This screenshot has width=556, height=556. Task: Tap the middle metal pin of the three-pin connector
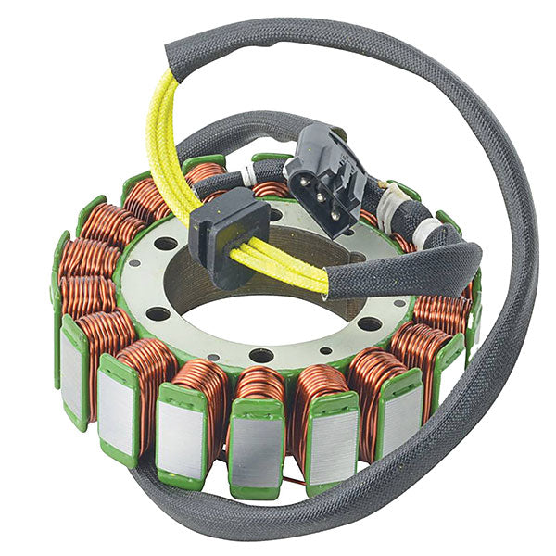pyautogui.click(x=321, y=185)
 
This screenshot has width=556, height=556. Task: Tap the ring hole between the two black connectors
pyautogui.click(x=275, y=215)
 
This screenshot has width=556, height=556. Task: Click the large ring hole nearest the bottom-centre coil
pyautogui.click(x=260, y=355)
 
